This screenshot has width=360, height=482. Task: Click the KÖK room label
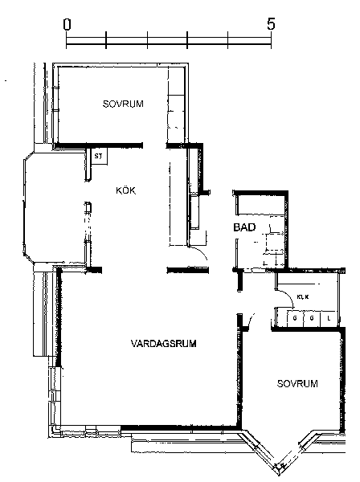click(x=125, y=190)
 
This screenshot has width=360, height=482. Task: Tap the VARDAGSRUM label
click(x=164, y=343)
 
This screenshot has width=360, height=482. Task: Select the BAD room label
click(x=244, y=227)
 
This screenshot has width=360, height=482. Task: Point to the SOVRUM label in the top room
click(x=123, y=104)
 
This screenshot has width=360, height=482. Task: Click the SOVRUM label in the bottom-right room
click(x=297, y=384)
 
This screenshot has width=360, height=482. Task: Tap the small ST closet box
click(x=99, y=157)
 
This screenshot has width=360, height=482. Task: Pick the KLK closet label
click(x=303, y=297)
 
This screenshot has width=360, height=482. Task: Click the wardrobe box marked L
click(x=329, y=318)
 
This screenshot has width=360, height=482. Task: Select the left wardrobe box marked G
click(x=295, y=318)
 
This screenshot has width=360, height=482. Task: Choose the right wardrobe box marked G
click(x=312, y=318)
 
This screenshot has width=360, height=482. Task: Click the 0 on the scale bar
click(x=67, y=24)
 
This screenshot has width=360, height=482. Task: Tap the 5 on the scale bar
click(x=271, y=23)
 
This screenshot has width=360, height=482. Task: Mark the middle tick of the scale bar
click(x=187, y=40)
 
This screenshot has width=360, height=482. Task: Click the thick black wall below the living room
click(x=181, y=427)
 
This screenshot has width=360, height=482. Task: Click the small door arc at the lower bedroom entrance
click(x=251, y=320)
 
